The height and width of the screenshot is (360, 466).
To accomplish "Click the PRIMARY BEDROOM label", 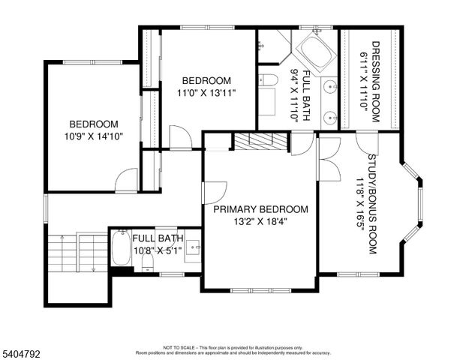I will pos(260,209).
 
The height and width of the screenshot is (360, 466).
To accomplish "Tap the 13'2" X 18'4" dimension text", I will pos(260,221).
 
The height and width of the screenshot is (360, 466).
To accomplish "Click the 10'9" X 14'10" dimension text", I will pos(94,136).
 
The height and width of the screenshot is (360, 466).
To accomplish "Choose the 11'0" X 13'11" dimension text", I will pos(206,92).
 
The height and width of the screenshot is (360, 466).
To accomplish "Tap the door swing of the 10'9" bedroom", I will pos(127,180).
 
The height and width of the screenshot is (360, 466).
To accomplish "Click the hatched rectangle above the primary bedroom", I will pos(259,140).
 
